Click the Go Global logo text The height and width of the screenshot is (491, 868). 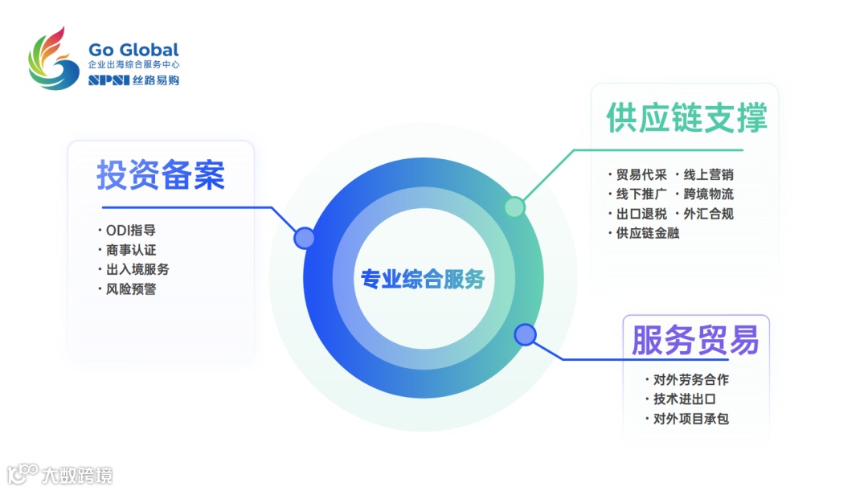133,50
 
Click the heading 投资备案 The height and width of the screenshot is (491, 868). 161,174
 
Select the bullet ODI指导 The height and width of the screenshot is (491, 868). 131,230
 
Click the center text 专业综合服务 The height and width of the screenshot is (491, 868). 423,280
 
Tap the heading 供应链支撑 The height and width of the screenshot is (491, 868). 686,117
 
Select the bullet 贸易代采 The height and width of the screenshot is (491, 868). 641,174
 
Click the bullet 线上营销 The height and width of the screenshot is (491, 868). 708,174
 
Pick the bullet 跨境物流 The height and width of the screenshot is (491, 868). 708,194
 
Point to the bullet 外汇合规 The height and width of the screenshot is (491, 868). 708,214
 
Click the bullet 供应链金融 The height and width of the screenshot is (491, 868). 648,233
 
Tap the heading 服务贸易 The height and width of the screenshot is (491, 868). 695,340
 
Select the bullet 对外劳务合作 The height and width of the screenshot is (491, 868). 690,379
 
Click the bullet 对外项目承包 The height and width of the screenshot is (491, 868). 690,419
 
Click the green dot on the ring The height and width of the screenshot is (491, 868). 514,207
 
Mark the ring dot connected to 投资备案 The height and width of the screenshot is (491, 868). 305,238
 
